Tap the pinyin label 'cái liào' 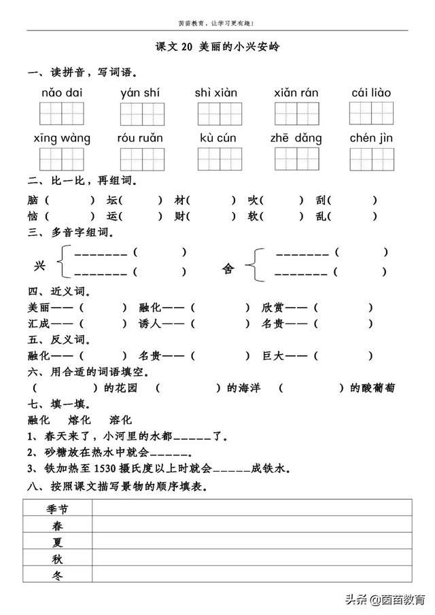click(x=371, y=92)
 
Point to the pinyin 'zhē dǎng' click(x=296, y=138)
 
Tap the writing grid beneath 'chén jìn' click(x=371, y=159)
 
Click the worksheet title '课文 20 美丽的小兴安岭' click(x=217, y=48)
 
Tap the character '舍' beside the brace click(x=228, y=268)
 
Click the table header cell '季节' click(x=57, y=508)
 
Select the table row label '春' click(x=57, y=525)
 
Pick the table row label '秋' click(x=57, y=559)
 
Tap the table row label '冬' click(x=57, y=575)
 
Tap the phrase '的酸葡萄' click(x=372, y=388)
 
